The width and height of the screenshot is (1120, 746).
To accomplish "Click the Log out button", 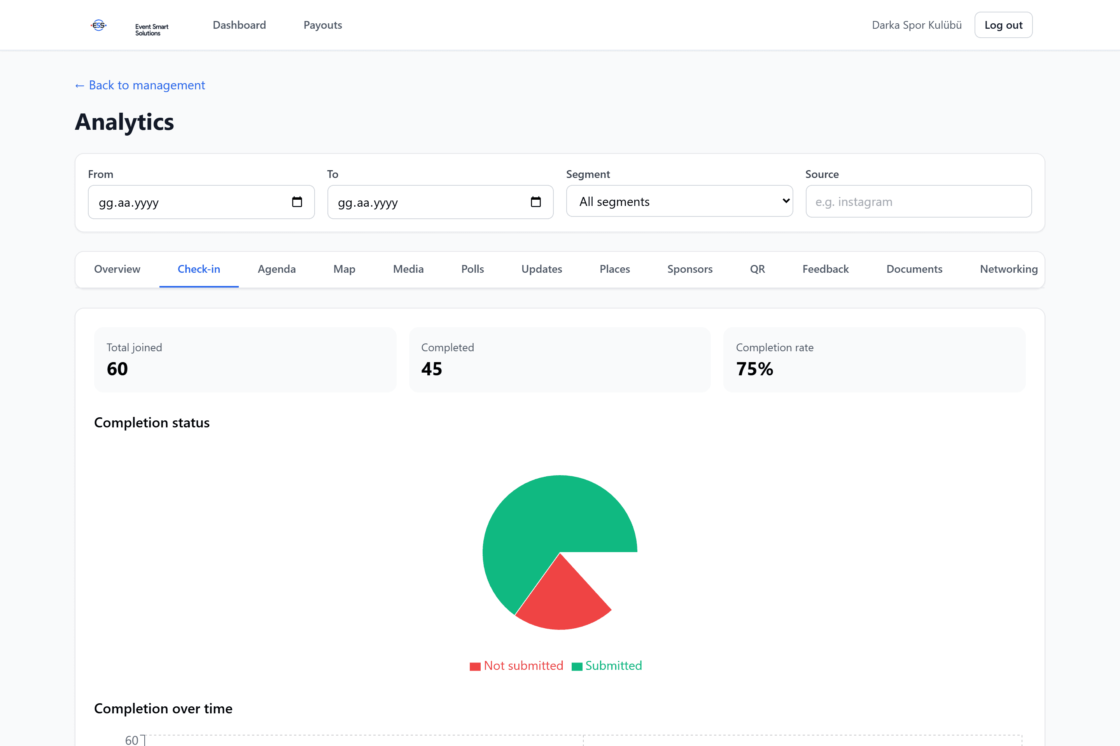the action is [1003, 25].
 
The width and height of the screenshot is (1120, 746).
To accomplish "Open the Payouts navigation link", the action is [323, 25].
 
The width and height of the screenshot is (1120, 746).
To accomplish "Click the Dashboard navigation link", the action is [239, 25].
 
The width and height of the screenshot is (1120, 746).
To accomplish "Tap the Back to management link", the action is [140, 85].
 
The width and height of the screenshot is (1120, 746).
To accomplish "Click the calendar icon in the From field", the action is [297, 202].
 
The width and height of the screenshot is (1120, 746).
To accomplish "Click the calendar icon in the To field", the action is [536, 202].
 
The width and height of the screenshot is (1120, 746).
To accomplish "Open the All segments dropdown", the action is [679, 201].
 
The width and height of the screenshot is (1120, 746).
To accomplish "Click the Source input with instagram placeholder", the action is [919, 201].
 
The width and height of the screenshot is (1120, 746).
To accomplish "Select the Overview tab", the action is [117, 269].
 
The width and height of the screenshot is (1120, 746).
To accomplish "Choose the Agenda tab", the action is [276, 269].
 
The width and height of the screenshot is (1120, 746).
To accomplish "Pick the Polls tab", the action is [472, 269].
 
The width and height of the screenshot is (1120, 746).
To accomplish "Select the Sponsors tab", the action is [689, 269].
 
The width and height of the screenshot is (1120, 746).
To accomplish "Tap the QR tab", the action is [757, 269].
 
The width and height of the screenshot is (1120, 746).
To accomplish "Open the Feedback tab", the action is [825, 269].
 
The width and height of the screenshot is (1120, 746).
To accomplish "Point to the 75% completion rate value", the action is [754, 369].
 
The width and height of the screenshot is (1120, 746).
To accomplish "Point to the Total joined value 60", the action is [117, 369].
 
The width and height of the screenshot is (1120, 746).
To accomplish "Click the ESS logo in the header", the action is [98, 25].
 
